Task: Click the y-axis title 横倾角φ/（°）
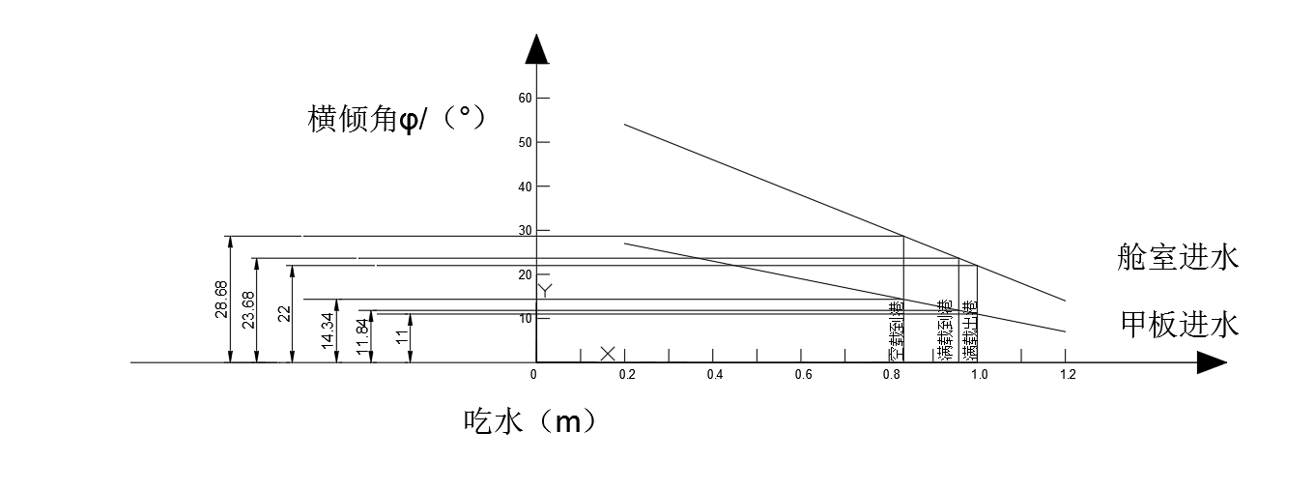(395, 119)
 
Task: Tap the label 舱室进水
(1175, 257)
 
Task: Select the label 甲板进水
(1180, 324)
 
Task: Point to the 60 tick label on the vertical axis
(526, 98)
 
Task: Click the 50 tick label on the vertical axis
(526, 142)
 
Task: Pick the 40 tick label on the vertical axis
(526, 186)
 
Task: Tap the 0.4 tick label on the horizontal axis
(714, 375)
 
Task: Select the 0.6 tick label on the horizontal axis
(803, 375)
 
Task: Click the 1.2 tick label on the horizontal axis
(1068, 375)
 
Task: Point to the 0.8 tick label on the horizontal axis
(891, 375)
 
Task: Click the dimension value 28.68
(221, 299)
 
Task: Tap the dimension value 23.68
(248, 310)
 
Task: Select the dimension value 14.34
(329, 331)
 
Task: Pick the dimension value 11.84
(363, 336)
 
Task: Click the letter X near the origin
(607, 354)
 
